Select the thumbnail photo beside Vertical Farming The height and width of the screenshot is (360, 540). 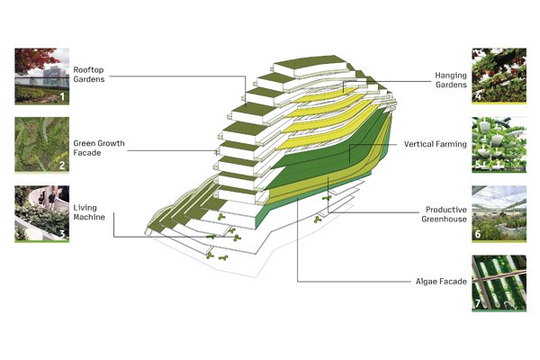[496, 144]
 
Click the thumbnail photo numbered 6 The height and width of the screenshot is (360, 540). [496, 214]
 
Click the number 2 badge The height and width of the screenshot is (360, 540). [62, 166]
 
